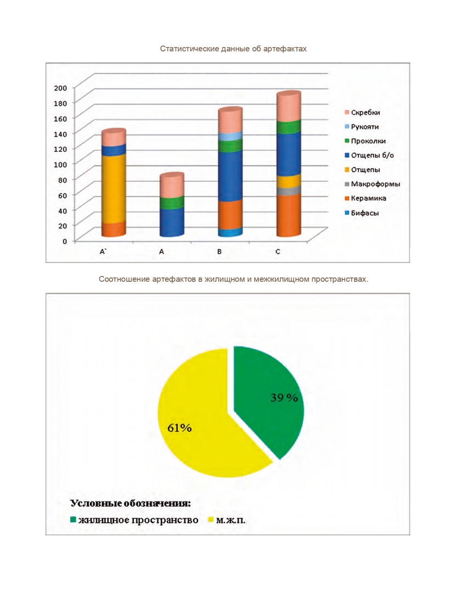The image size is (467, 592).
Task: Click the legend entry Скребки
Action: tap(362, 112)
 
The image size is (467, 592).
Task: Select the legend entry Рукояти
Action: tap(361, 127)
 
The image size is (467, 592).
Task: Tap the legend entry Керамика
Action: tap(365, 198)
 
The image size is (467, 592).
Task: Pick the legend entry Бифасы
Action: tap(361, 213)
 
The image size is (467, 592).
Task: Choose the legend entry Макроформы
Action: tap(372, 184)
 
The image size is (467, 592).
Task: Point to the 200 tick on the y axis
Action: tap(60, 88)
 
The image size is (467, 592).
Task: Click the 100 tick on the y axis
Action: tap(60, 164)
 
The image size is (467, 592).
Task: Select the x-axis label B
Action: tap(219, 252)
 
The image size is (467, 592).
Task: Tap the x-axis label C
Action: tap(278, 252)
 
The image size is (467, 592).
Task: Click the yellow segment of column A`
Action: tap(114, 189)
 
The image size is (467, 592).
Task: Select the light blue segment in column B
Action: tap(230, 136)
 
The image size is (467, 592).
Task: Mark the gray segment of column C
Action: tap(289, 191)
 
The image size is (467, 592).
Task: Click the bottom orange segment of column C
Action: tap(289, 215)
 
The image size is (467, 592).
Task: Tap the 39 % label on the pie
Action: tap(284, 397)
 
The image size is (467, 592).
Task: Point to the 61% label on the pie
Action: tap(179, 428)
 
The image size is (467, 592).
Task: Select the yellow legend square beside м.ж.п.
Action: tap(211, 520)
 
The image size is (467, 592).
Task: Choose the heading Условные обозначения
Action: tap(131, 503)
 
